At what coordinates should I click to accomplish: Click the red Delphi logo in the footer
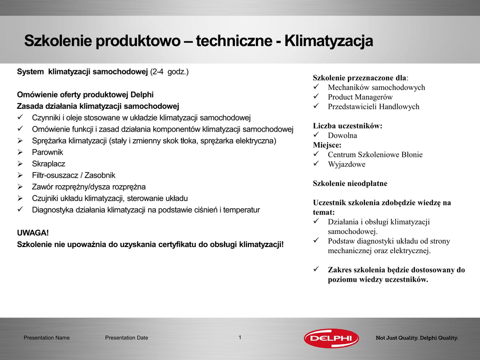(x=331, y=338)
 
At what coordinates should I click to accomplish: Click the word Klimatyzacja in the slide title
(x=329, y=41)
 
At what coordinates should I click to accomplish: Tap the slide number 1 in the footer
(x=240, y=337)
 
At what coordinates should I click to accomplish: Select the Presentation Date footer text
(x=127, y=338)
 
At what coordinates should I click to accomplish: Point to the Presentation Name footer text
(x=46, y=338)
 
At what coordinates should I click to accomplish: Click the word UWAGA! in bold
(x=33, y=233)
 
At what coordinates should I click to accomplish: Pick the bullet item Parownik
(x=47, y=152)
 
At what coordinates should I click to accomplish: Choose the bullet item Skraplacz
(x=49, y=164)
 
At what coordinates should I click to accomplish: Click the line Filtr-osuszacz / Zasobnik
(x=74, y=175)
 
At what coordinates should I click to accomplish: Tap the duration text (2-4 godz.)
(x=169, y=72)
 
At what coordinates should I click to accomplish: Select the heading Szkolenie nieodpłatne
(x=350, y=184)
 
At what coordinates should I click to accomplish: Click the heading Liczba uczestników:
(x=348, y=126)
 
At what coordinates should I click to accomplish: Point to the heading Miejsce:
(x=327, y=145)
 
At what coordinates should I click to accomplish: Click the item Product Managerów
(x=360, y=97)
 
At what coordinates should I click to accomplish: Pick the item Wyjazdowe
(x=346, y=165)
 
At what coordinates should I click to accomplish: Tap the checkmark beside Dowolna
(x=316, y=135)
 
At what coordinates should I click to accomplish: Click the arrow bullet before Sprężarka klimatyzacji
(x=20, y=141)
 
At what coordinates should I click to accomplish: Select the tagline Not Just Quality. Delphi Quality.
(x=417, y=338)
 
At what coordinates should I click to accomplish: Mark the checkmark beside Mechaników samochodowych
(x=316, y=87)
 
